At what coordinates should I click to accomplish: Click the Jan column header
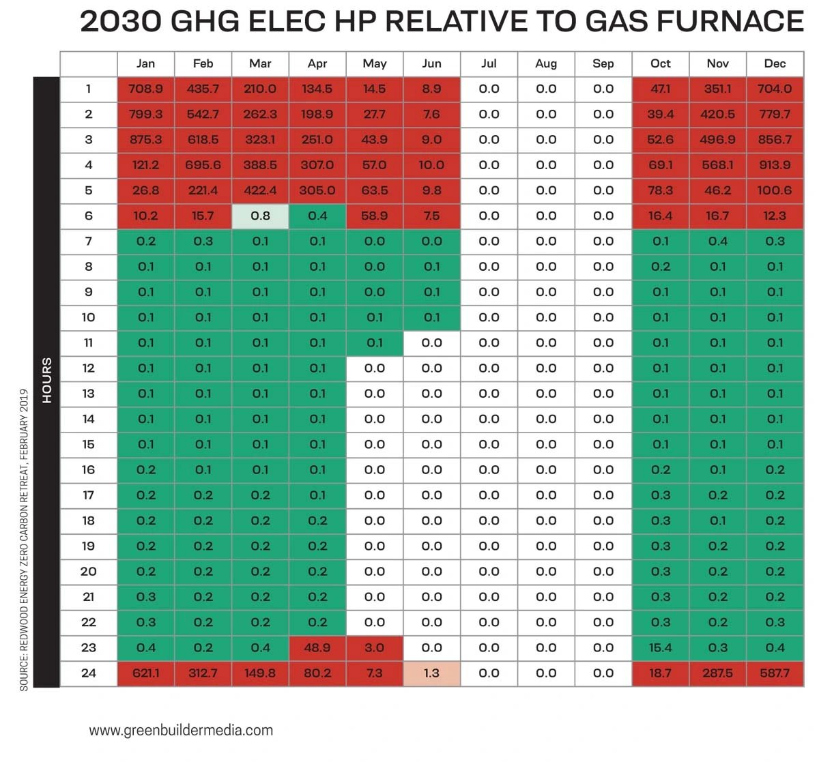click(145, 63)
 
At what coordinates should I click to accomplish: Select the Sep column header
click(603, 63)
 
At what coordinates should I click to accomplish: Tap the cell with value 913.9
click(775, 165)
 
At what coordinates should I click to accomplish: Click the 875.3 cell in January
click(145, 140)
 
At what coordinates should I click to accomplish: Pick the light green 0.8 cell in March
click(260, 216)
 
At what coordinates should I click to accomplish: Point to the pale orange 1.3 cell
click(431, 673)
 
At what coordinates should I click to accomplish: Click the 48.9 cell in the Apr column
click(317, 648)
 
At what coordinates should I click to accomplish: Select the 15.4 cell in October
click(661, 648)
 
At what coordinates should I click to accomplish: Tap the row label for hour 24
click(89, 673)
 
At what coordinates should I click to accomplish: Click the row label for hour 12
click(89, 368)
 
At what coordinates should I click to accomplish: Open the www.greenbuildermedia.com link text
click(181, 730)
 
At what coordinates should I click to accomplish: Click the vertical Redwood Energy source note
click(24, 539)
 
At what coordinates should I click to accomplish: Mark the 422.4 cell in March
click(260, 190)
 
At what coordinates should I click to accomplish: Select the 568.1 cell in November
click(717, 165)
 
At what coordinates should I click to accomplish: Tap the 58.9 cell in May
click(374, 216)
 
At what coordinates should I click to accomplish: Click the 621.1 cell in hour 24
click(145, 673)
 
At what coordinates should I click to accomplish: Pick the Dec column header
click(775, 63)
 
